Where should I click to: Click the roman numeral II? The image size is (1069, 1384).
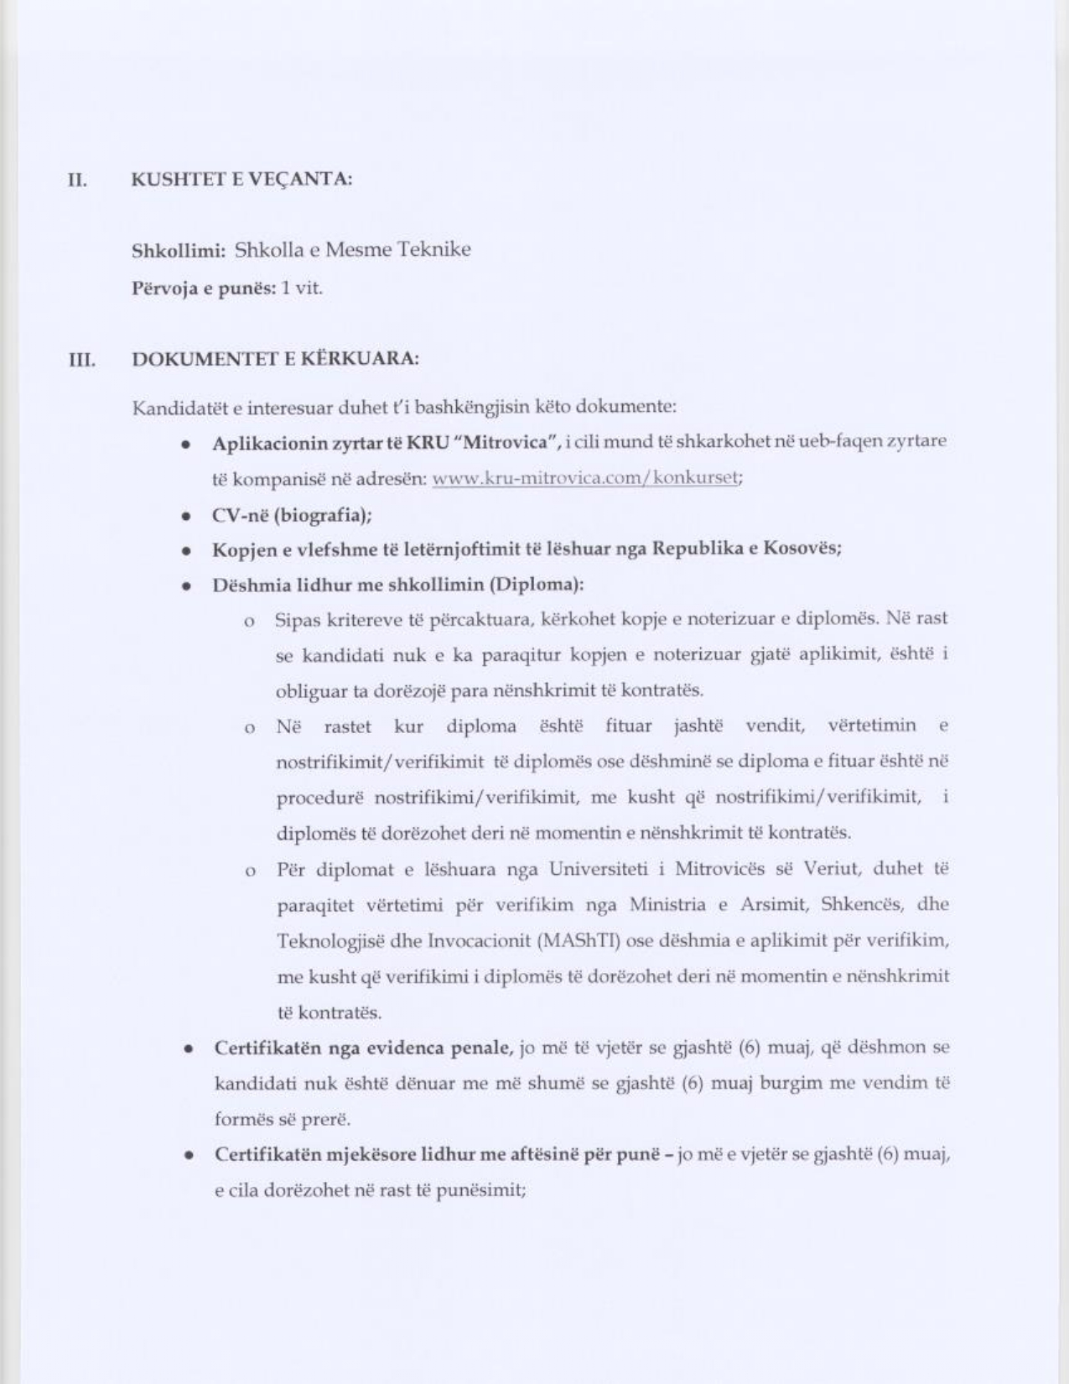click(x=77, y=180)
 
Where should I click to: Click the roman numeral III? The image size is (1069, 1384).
click(x=80, y=360)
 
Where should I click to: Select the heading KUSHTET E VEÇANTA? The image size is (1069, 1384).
click(x=241, y=180)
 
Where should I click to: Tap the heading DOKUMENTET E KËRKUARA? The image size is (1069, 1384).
click(x=276, y=359)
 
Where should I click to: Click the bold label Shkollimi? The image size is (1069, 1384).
click(x=179, y=250)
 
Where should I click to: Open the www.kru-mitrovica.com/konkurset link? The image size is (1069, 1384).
click(x=584, y=478)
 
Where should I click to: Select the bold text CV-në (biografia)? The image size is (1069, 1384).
click(x=292, y=515)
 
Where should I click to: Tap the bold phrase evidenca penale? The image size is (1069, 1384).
click(x=447, y=1048)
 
